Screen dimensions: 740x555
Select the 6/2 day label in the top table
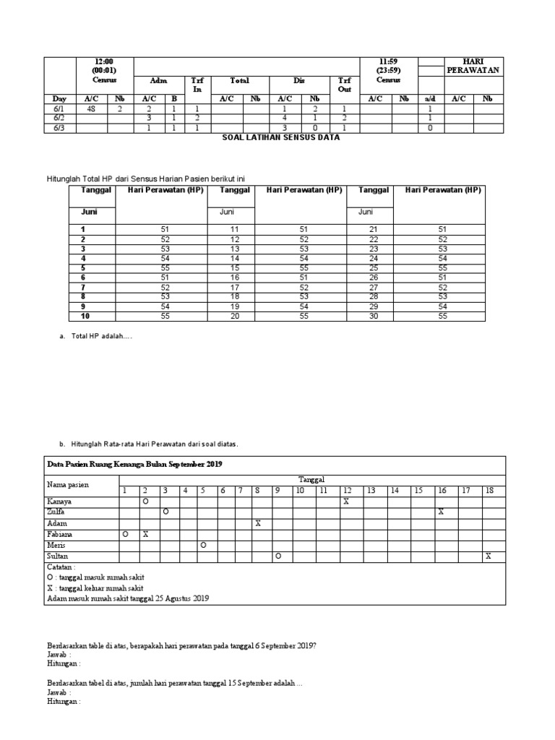pos(58,117)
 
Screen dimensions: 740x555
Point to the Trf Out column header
pos(344,85)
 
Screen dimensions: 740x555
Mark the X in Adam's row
pos(257,522)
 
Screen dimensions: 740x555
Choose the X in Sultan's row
pos(489,556)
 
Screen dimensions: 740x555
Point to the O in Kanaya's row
pos(145,501)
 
